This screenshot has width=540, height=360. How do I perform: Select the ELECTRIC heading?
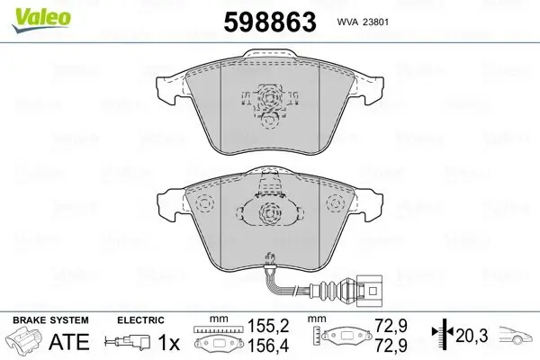(x=139, y=319)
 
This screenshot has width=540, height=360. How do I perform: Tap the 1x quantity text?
(x=168, y=342)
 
